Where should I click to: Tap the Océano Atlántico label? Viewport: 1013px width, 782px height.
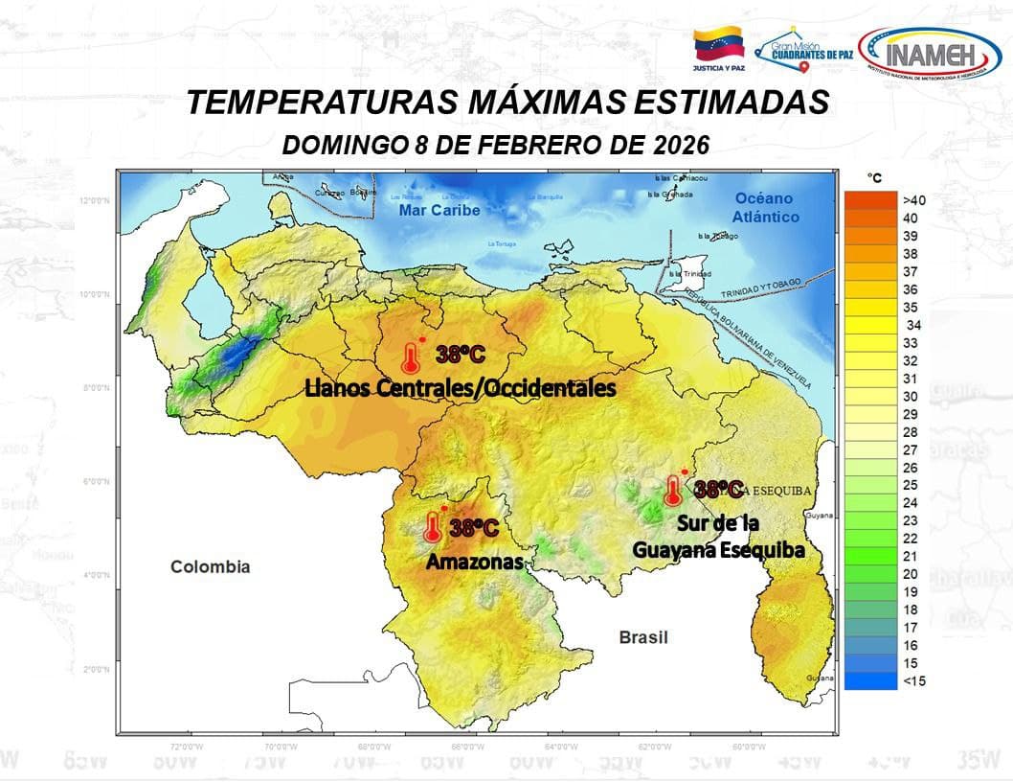[766, 207]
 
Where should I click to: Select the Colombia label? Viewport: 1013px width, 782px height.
[210, 566]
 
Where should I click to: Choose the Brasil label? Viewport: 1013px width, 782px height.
[642, 637]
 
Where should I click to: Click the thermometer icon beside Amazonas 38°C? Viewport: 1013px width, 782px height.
[433, 527]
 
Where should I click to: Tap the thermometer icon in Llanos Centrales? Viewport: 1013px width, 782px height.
[411, 357]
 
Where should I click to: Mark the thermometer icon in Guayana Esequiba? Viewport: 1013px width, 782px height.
[673, 491]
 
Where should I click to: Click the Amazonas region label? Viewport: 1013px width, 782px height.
[475, 562]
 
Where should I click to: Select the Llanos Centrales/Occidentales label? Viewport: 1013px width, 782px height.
[460, 388]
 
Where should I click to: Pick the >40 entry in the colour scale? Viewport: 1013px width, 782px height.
[912, 200]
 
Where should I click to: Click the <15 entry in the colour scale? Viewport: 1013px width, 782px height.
[912, 681]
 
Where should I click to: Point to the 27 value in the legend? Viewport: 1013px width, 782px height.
[912, 449]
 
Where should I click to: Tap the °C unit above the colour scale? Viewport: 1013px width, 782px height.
[874, 177]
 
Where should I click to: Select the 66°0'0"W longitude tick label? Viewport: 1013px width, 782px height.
[467, 746]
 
